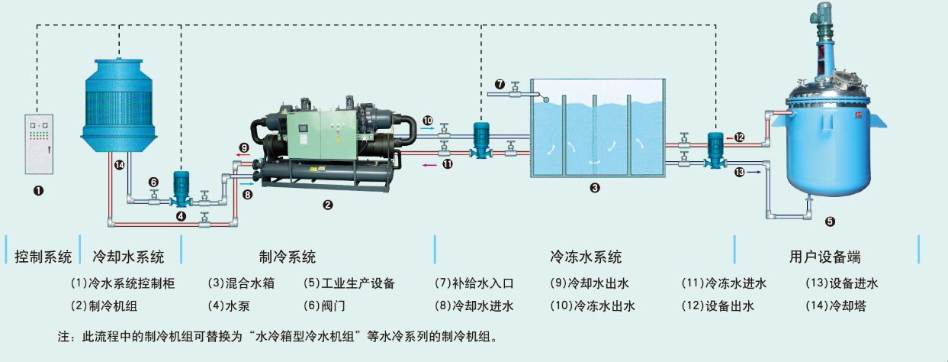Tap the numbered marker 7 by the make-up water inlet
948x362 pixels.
[x=500, y=83]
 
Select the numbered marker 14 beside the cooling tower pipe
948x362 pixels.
[x=119, y=164]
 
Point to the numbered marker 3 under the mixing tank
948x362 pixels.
[x=595, y=186]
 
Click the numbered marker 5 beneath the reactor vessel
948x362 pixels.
[x=830, y=222]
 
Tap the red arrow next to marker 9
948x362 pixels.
[x=241, y=154]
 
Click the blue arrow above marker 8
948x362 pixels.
[x=246, y=183]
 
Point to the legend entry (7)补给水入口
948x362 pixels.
[x=474, y=283]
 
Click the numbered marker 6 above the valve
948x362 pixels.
[x=153, y=182]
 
